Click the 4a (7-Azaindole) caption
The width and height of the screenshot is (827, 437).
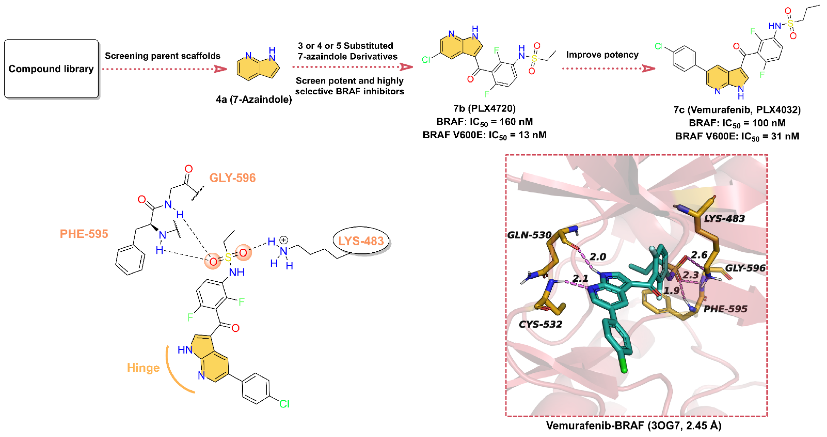254,99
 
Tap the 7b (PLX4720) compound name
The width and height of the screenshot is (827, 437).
484,108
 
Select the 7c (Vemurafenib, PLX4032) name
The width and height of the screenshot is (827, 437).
737,110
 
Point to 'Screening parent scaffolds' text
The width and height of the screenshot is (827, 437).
162,56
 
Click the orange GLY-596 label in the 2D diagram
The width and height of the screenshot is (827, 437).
232,178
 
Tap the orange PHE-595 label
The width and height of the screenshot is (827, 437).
84,234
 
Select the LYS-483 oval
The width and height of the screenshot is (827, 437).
361,241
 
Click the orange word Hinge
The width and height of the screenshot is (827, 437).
143,368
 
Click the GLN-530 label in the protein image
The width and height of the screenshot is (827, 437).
529,235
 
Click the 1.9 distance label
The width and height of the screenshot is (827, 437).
672,291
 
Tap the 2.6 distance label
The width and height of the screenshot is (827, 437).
699,255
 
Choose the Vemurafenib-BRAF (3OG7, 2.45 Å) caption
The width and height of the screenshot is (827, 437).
633,425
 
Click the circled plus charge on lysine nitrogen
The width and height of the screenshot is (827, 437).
283,240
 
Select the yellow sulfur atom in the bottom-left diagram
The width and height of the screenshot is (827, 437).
228,257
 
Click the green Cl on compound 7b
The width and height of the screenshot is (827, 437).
426,60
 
